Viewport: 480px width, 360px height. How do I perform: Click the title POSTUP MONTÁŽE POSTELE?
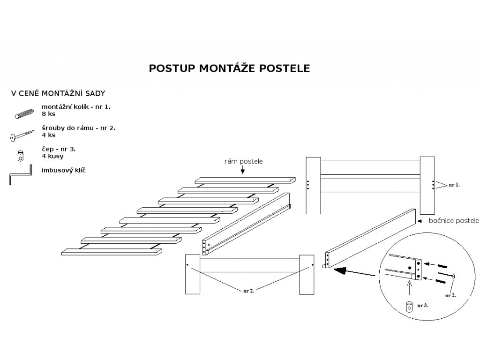pos(229,68)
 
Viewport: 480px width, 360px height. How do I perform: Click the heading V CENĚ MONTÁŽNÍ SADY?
pos(58,93)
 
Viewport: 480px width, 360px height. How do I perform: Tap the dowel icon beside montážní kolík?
pos(24,113)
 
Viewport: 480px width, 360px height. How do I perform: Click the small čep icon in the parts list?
pos(21,156)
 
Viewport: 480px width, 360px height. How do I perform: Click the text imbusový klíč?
pos(64,171)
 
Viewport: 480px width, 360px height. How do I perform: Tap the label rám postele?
pos(243,161)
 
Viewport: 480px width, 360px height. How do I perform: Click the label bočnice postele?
pos(454,220)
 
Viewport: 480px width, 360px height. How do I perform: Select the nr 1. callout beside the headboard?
pos(454,185)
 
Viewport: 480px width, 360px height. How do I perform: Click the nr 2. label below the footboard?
pos(248,291)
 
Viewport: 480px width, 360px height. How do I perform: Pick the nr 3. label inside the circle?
pos(422,305)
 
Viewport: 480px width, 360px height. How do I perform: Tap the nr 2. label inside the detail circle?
pos(450,295)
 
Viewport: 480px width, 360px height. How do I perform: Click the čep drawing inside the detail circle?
pos(409,307)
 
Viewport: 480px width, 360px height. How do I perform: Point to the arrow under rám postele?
pos(243,170)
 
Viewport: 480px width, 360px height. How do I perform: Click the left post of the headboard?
pos(313,186)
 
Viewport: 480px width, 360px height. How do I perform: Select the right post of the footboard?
pos(307,275)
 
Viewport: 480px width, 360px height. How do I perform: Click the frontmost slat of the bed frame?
pos(112,252)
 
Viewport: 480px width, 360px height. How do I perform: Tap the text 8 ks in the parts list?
pos(49,114)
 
